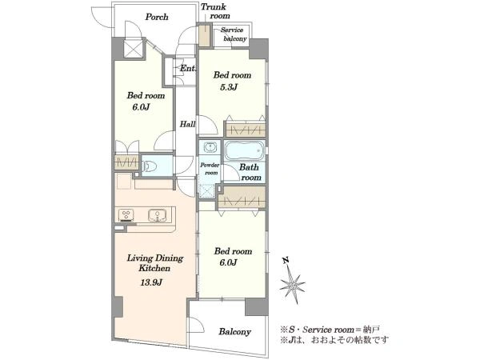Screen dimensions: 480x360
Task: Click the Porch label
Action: [x=157, y=17]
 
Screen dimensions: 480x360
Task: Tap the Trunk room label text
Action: [x=214, y=11]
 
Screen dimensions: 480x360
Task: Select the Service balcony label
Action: [x=234, y=34]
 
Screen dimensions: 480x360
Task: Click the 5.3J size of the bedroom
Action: [x=229, y=87]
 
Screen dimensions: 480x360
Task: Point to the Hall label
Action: [x=187, y=124]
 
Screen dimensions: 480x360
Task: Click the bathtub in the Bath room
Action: [x=244, y=150]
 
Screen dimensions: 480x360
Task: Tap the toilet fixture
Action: [x=150, y=166]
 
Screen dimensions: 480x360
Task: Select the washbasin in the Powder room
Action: [x=210, y=147]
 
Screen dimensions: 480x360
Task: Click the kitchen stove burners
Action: [x=126, y=214]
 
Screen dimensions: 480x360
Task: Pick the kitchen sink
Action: [x=158, y=215]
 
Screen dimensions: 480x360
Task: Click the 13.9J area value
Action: [x=151, y=282]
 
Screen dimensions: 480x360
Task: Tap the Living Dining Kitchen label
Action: [x=155, y=263]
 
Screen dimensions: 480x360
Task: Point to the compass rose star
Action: [x=292, y=286]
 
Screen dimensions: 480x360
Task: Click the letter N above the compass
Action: [x=286, y=261]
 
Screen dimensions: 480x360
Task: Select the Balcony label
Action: [x=234, y=331]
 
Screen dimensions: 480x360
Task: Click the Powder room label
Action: [x=210, y=169]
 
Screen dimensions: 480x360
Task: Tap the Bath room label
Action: [x=250, y=172]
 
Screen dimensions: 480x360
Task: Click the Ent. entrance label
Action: [x=187, y=68]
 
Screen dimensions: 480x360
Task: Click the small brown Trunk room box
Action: [x=204, y=35]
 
